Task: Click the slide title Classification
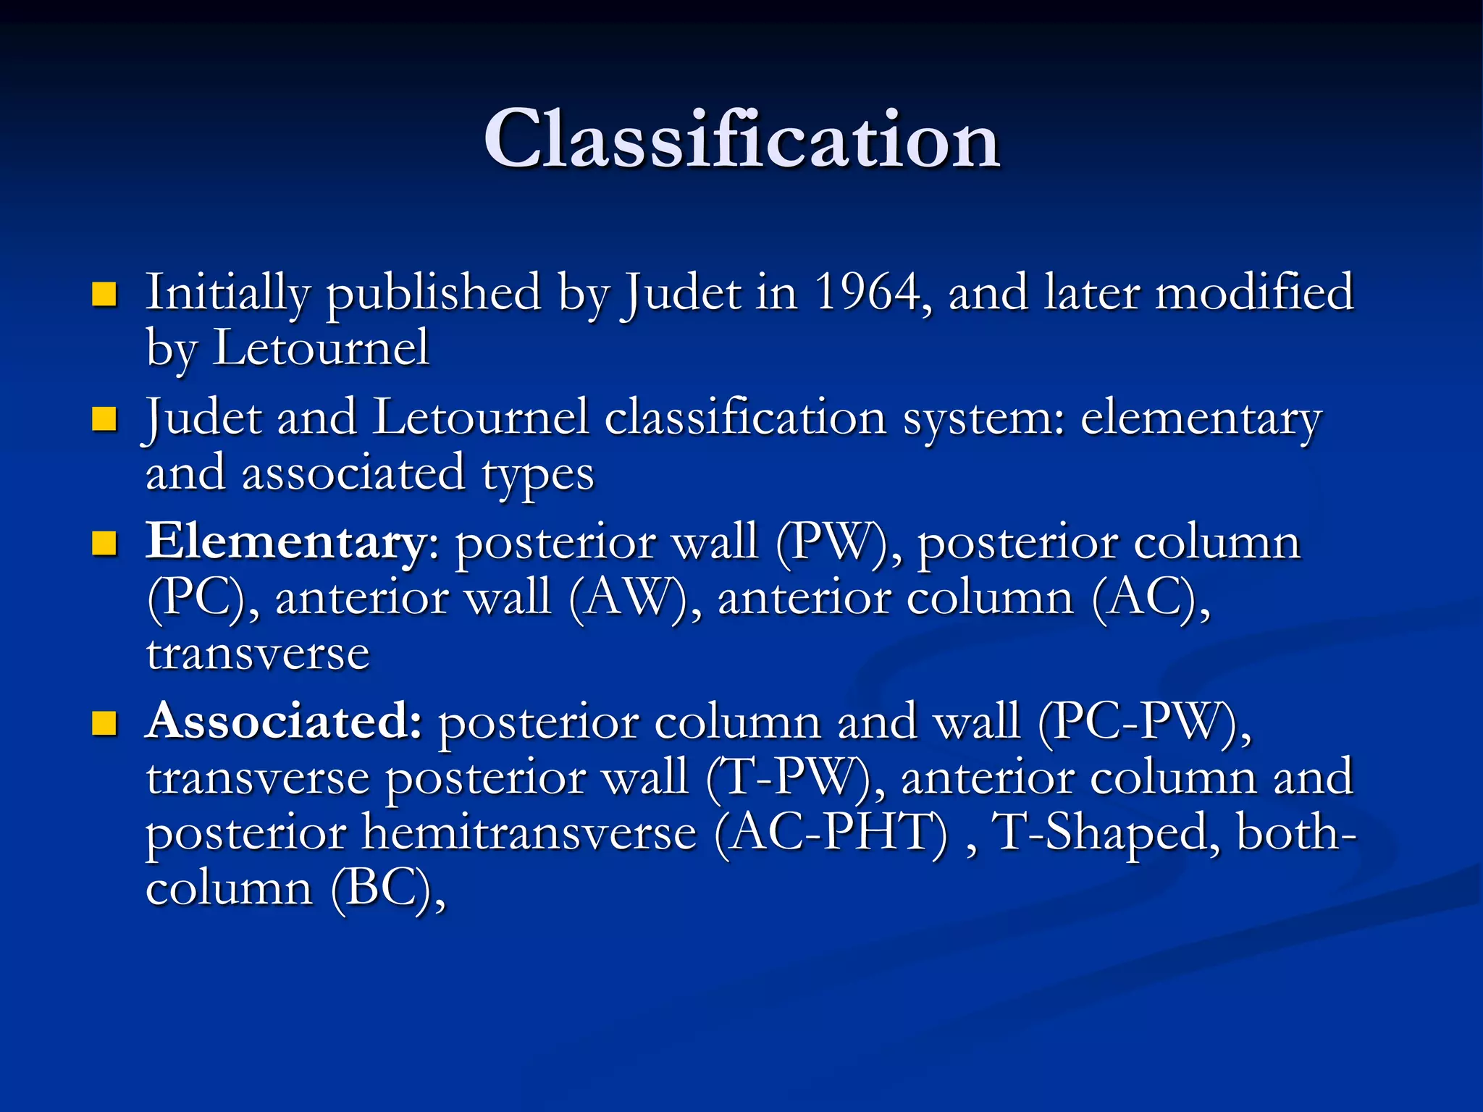(x=741, y=139)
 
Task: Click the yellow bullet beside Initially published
(x=105, y=294)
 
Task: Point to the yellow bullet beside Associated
(x=105, y=723)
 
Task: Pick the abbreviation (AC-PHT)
(x=831, y=833)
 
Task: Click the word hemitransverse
(x=529, y=833)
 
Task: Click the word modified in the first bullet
(x=1253, y=292)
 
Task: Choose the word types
(x=538, y=475)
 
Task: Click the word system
(x=983, y=418)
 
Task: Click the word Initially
(x=227, y=292)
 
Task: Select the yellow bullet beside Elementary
(x=105, y=543)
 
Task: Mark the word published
(x=433, y=292)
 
